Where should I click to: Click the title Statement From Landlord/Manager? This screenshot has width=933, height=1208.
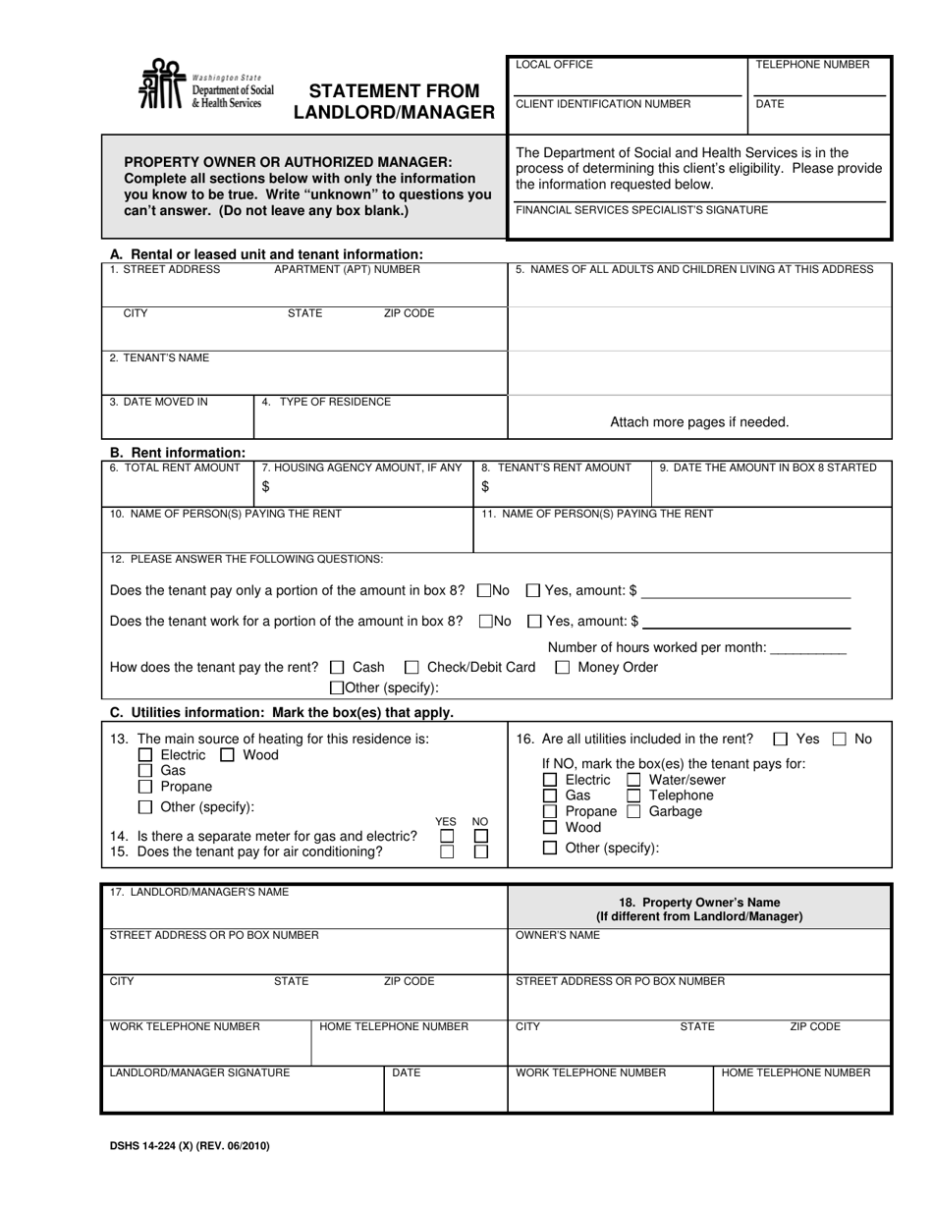[x=394, y=102]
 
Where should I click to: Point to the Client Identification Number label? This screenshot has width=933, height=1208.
[x=603, y=104]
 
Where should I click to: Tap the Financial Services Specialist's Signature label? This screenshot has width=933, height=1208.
[x=641, y=210]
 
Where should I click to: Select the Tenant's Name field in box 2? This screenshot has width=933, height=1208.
[x=304, y=373]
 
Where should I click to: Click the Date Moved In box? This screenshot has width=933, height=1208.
[x=178, y=416]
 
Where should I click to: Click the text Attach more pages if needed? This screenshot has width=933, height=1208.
[x=699, y=422]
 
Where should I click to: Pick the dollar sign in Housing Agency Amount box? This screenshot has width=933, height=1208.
[x=265, y=486]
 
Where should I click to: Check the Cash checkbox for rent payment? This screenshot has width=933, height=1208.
[x=338, y=668]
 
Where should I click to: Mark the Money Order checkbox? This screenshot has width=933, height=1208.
[x=563, y=668]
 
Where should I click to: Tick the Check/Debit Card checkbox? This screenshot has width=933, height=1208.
[x=412, y=668]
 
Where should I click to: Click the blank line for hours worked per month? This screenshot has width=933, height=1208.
[x=808, y=650]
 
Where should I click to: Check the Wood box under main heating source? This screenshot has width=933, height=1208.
[x=227, y=755]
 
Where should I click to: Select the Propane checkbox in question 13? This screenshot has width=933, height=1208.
[x=145, y=787]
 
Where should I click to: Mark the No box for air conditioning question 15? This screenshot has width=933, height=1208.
[x=480, y=852]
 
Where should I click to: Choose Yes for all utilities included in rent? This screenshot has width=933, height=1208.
[x=780, y=740]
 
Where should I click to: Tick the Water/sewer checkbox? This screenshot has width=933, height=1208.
[x=633, y=781]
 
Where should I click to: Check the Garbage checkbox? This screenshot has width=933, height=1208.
[x=633, y=812]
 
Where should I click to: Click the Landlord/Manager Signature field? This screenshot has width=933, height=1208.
[x=242, y=1095]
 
